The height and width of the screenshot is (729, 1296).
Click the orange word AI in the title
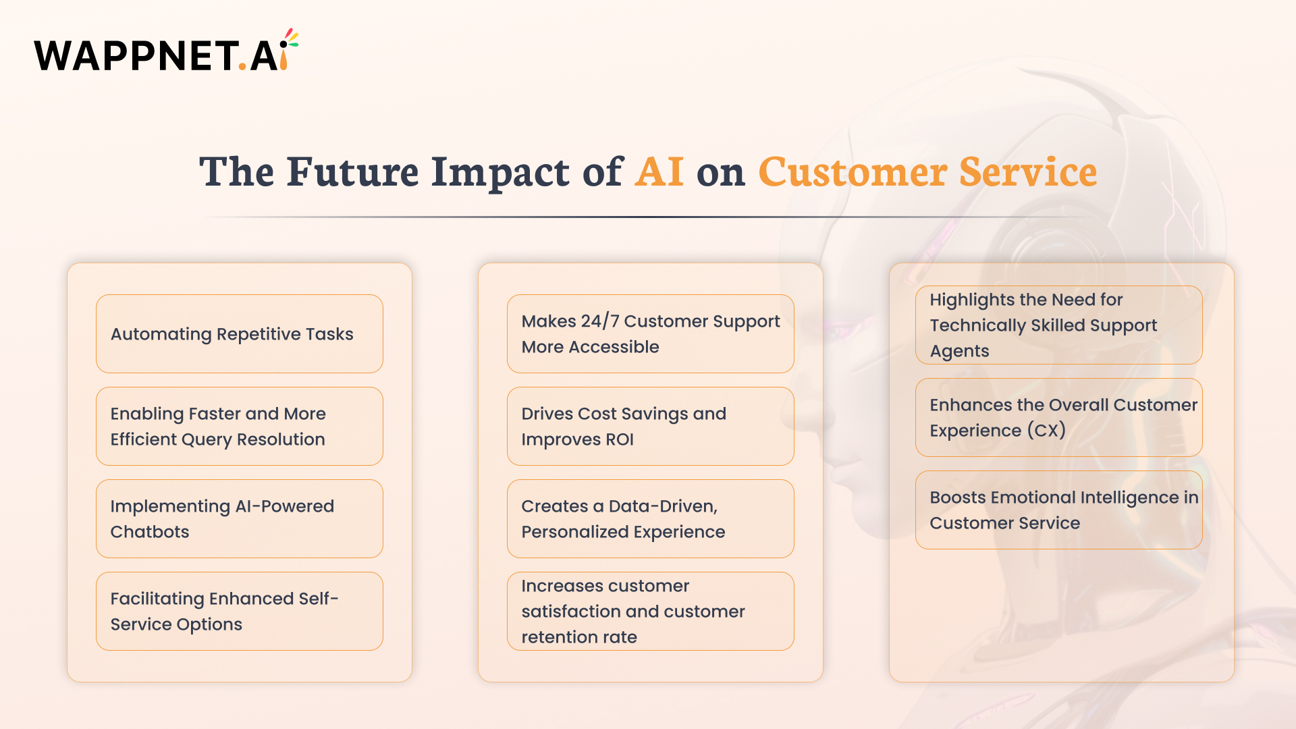[659, 171]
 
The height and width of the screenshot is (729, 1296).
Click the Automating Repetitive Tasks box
[239, 334]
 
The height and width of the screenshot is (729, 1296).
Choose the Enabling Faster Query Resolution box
[239, 427]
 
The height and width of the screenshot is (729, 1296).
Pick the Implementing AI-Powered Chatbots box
[239, 519]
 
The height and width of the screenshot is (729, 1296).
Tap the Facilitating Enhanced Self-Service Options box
[239, 612]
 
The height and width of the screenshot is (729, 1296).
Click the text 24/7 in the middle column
[599, 321]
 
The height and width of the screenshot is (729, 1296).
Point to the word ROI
[619, 439]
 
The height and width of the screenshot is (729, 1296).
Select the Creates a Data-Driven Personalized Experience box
[650, 519]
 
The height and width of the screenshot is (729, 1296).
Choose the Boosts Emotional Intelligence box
[1058, 510]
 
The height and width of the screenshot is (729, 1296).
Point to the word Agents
[959, 351]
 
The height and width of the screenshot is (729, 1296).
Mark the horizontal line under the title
[648, 217]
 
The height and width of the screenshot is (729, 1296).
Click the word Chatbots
[150, 532]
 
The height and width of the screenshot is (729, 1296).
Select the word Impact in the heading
[500, 171]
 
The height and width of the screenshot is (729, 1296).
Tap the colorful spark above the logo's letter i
[290, 38]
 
